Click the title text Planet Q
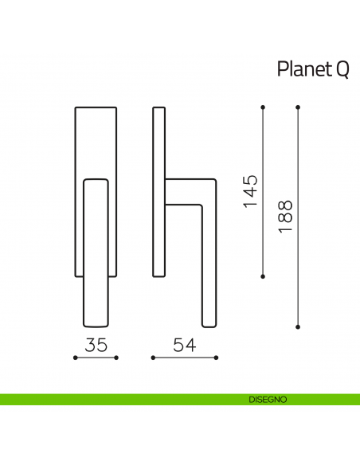(312, 70)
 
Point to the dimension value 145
(250, 191)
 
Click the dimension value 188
(286, 216)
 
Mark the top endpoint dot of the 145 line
(263, 106)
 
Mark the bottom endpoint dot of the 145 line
(263, 277)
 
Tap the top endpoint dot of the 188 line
(298, 106)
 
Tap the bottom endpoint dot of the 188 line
(298, 326)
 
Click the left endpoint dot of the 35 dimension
(75, 358)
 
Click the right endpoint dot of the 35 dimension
(116, 358)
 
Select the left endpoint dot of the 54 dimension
(151, 358)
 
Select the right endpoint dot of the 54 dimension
(215, 358)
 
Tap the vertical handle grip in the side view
(209, 271)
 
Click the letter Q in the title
(341, 70)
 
